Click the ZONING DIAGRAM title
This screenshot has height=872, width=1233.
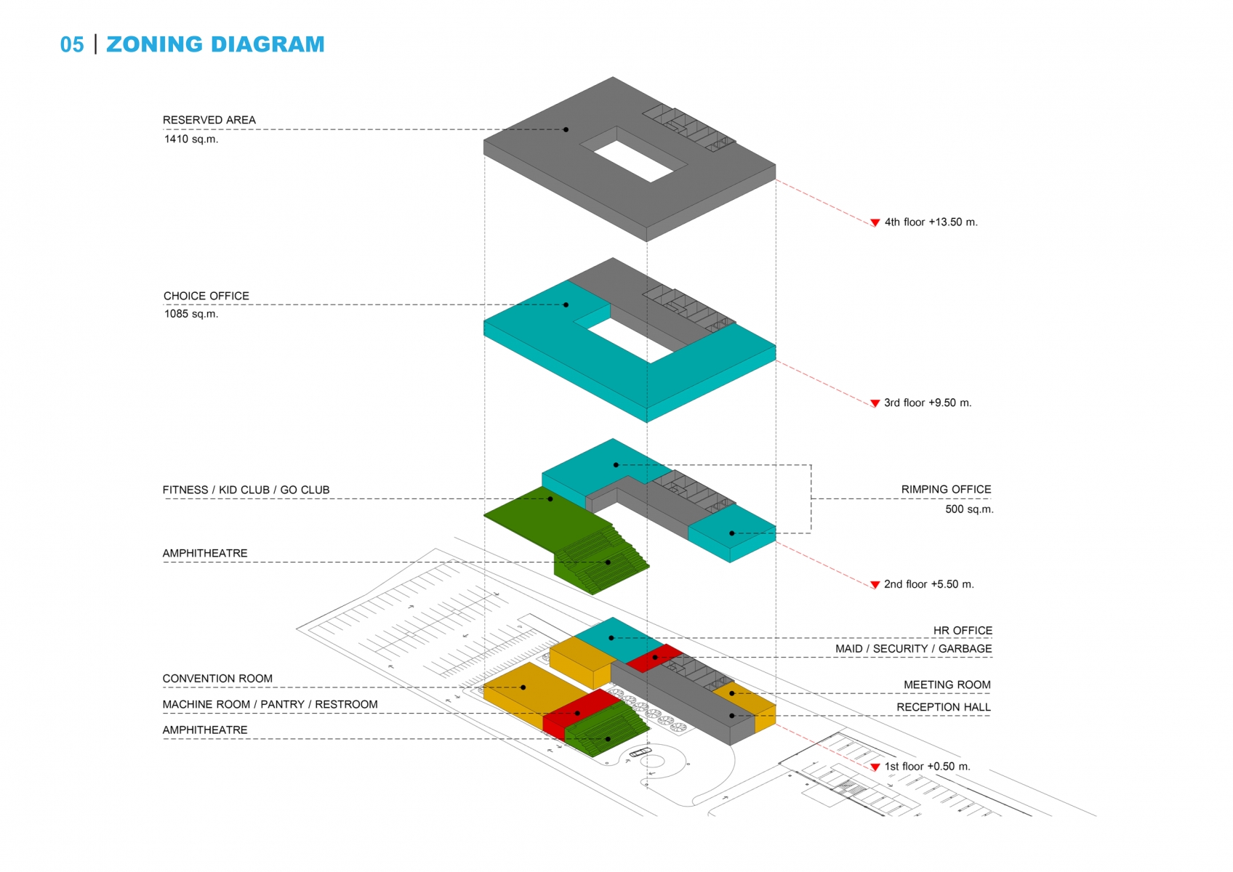tap(215, 44)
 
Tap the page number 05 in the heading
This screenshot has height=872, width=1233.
tap(72, 45)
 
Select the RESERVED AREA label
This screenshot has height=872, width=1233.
tap(209, 120)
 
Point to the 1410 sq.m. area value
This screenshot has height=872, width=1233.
tap(191, 140)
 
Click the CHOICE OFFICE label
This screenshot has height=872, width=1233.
tap(206, 296)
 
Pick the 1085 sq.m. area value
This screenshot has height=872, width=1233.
tap(191, 314)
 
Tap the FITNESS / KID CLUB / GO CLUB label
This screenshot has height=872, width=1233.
tap(246, 490)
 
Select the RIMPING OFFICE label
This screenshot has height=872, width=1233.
tap(947, 489)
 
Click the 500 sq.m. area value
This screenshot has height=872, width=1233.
tap(969, 509)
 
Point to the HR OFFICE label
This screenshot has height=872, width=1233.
tap(963, 631)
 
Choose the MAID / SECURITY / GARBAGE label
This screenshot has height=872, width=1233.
tap(914, 649)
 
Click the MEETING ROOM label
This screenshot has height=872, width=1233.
tap(947, 685)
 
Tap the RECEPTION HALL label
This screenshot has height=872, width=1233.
tap(944, 707)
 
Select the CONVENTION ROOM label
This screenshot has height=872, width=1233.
tap(217, 679)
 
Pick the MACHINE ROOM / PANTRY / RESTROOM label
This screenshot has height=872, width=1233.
tap(270, 705)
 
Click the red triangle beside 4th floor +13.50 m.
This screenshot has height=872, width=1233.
tap(875, 222)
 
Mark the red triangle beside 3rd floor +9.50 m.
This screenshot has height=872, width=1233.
tap(875, 403)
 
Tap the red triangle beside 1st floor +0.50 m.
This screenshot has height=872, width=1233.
tap(875, 767)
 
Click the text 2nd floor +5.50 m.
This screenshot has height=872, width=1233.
tap(929, 584)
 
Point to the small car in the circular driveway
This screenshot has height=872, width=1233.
tap(640, 752)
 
